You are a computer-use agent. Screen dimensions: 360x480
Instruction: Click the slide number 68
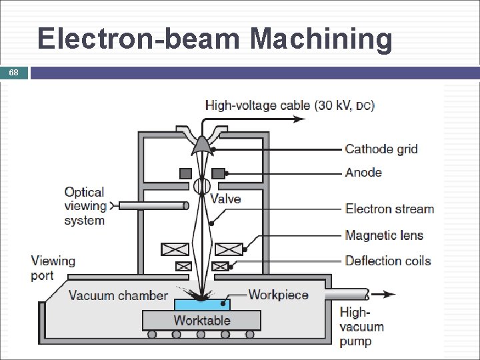coord(14,73)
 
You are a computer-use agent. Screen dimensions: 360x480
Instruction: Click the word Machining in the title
coord(321,39)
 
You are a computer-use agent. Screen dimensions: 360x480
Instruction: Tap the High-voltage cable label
coord(289,105)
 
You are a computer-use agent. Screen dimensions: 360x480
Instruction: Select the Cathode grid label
coord(381,149)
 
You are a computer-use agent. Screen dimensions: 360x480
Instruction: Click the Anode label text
coord(363,173)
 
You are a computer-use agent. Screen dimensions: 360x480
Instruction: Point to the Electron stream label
coord(389,209)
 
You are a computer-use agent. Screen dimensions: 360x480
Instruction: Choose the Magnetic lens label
coord(384,235)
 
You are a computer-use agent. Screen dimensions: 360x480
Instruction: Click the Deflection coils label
coord(388,261)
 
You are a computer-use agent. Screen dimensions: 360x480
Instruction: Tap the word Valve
coord(225,199)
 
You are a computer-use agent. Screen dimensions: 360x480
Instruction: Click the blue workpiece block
coord(202,304)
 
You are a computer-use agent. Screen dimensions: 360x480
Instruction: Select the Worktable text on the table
coord(202,321)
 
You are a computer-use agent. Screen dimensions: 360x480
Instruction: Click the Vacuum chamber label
coord(118,295)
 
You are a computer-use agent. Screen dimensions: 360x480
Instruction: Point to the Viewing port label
coord(53,267)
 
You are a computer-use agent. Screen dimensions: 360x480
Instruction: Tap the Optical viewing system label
coord(85,207)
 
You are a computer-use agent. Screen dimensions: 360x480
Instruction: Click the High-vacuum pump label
coord(361,327)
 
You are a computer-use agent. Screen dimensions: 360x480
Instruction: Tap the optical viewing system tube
coord(152,206)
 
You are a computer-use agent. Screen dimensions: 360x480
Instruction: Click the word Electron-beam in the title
coord(141,39)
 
